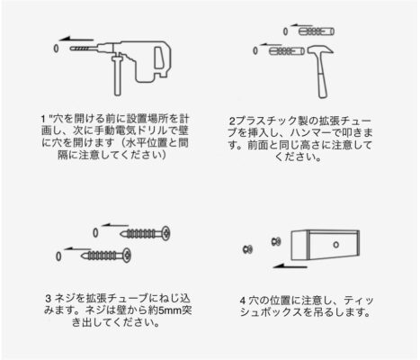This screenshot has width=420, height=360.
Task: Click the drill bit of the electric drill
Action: pyautogui.click(x=80, y=49)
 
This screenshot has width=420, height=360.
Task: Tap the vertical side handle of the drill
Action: pyautogui.click(x=117, y=76)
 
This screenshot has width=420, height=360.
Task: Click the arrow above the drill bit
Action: pyautogui.click(x=76, y=39)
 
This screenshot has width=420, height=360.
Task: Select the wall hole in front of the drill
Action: pyautogui.click(x=56, y=49)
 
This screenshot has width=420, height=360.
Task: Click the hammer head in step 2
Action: pyautogui.click(x=320, y=50)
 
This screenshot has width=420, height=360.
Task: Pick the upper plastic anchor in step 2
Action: pyautogui.click(x=317, y=31)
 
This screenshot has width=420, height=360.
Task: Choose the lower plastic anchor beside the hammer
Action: pyautogui.click(x=287, y=51)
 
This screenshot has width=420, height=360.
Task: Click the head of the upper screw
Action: pyautogui.click(x=165, y=233)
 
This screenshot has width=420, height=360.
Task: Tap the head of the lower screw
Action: pyautogui.click(x=127, y=256)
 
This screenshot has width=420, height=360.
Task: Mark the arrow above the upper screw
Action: pyautogui.click(x=115, y=225)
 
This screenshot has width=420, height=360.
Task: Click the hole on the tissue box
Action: pyautogui.click(x=335, y=245)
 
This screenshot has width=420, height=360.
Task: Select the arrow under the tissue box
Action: pyautogui.click(x=290, y=265)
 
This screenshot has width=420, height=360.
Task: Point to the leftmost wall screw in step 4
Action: pyautogui.click(x=248, y=249)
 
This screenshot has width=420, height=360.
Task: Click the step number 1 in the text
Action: pyautogui.click(x=43, y=119)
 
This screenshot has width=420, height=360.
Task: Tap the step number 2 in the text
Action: pyautogui.click(x=232, y=121)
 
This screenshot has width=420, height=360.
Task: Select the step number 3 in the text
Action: pyautogui.click(x=49, y=298)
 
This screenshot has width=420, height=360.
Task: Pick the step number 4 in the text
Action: pyautogui.click(x=243, y=301)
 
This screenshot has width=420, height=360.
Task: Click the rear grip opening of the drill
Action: pyautogui.click(x=159, y=58)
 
